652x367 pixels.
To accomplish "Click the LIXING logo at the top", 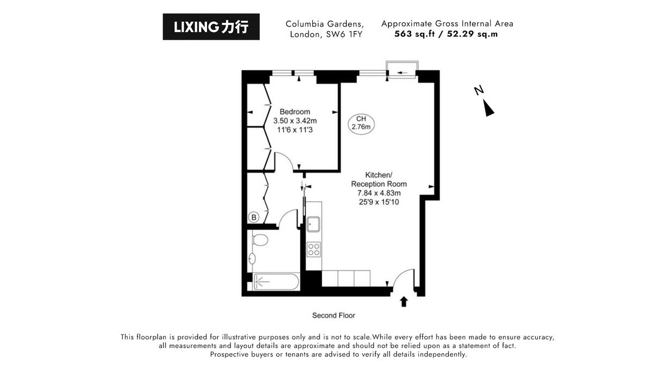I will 211,27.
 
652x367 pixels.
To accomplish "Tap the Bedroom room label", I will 295,112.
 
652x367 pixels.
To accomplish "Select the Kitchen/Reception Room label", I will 378,179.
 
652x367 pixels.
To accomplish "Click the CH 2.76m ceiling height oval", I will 361,123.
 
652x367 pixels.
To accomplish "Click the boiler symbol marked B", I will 254,217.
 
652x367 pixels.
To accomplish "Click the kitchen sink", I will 314,224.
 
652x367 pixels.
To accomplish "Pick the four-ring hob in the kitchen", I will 314,249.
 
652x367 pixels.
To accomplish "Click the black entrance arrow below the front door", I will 404,302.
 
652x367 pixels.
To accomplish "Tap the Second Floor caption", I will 334,315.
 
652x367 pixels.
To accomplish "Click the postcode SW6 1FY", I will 345,34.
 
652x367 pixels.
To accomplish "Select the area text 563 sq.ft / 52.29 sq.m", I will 447,34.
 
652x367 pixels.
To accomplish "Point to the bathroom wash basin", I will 252,259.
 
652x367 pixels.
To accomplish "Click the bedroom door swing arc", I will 285,161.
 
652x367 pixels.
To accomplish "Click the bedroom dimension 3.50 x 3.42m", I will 295,121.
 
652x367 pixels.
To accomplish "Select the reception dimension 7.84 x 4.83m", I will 379,193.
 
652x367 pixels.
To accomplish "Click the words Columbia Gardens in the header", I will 325,24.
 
